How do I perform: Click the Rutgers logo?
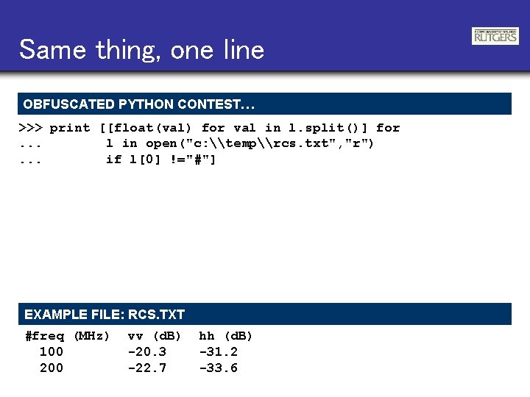pyautogui.click(x=495, y=36)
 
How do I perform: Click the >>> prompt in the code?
pyautogui.click(x=30, y=128)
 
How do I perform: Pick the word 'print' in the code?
pyautogui.click(x=70, y=128)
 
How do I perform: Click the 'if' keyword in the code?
pyautogui.click(x=114, y=160)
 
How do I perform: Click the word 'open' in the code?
pyautogui.click(x=161, y=143)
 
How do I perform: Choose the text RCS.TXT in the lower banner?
pyautogui.click(x=156, y=315)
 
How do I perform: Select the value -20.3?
pyautogui.click(x=147, y=352)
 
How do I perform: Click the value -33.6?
pyautogui.click(x=219, y=368)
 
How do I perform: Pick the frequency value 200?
pyautogui.click(x=52, y=368)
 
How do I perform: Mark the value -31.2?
pyautogui.click(x=219, y=352)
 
